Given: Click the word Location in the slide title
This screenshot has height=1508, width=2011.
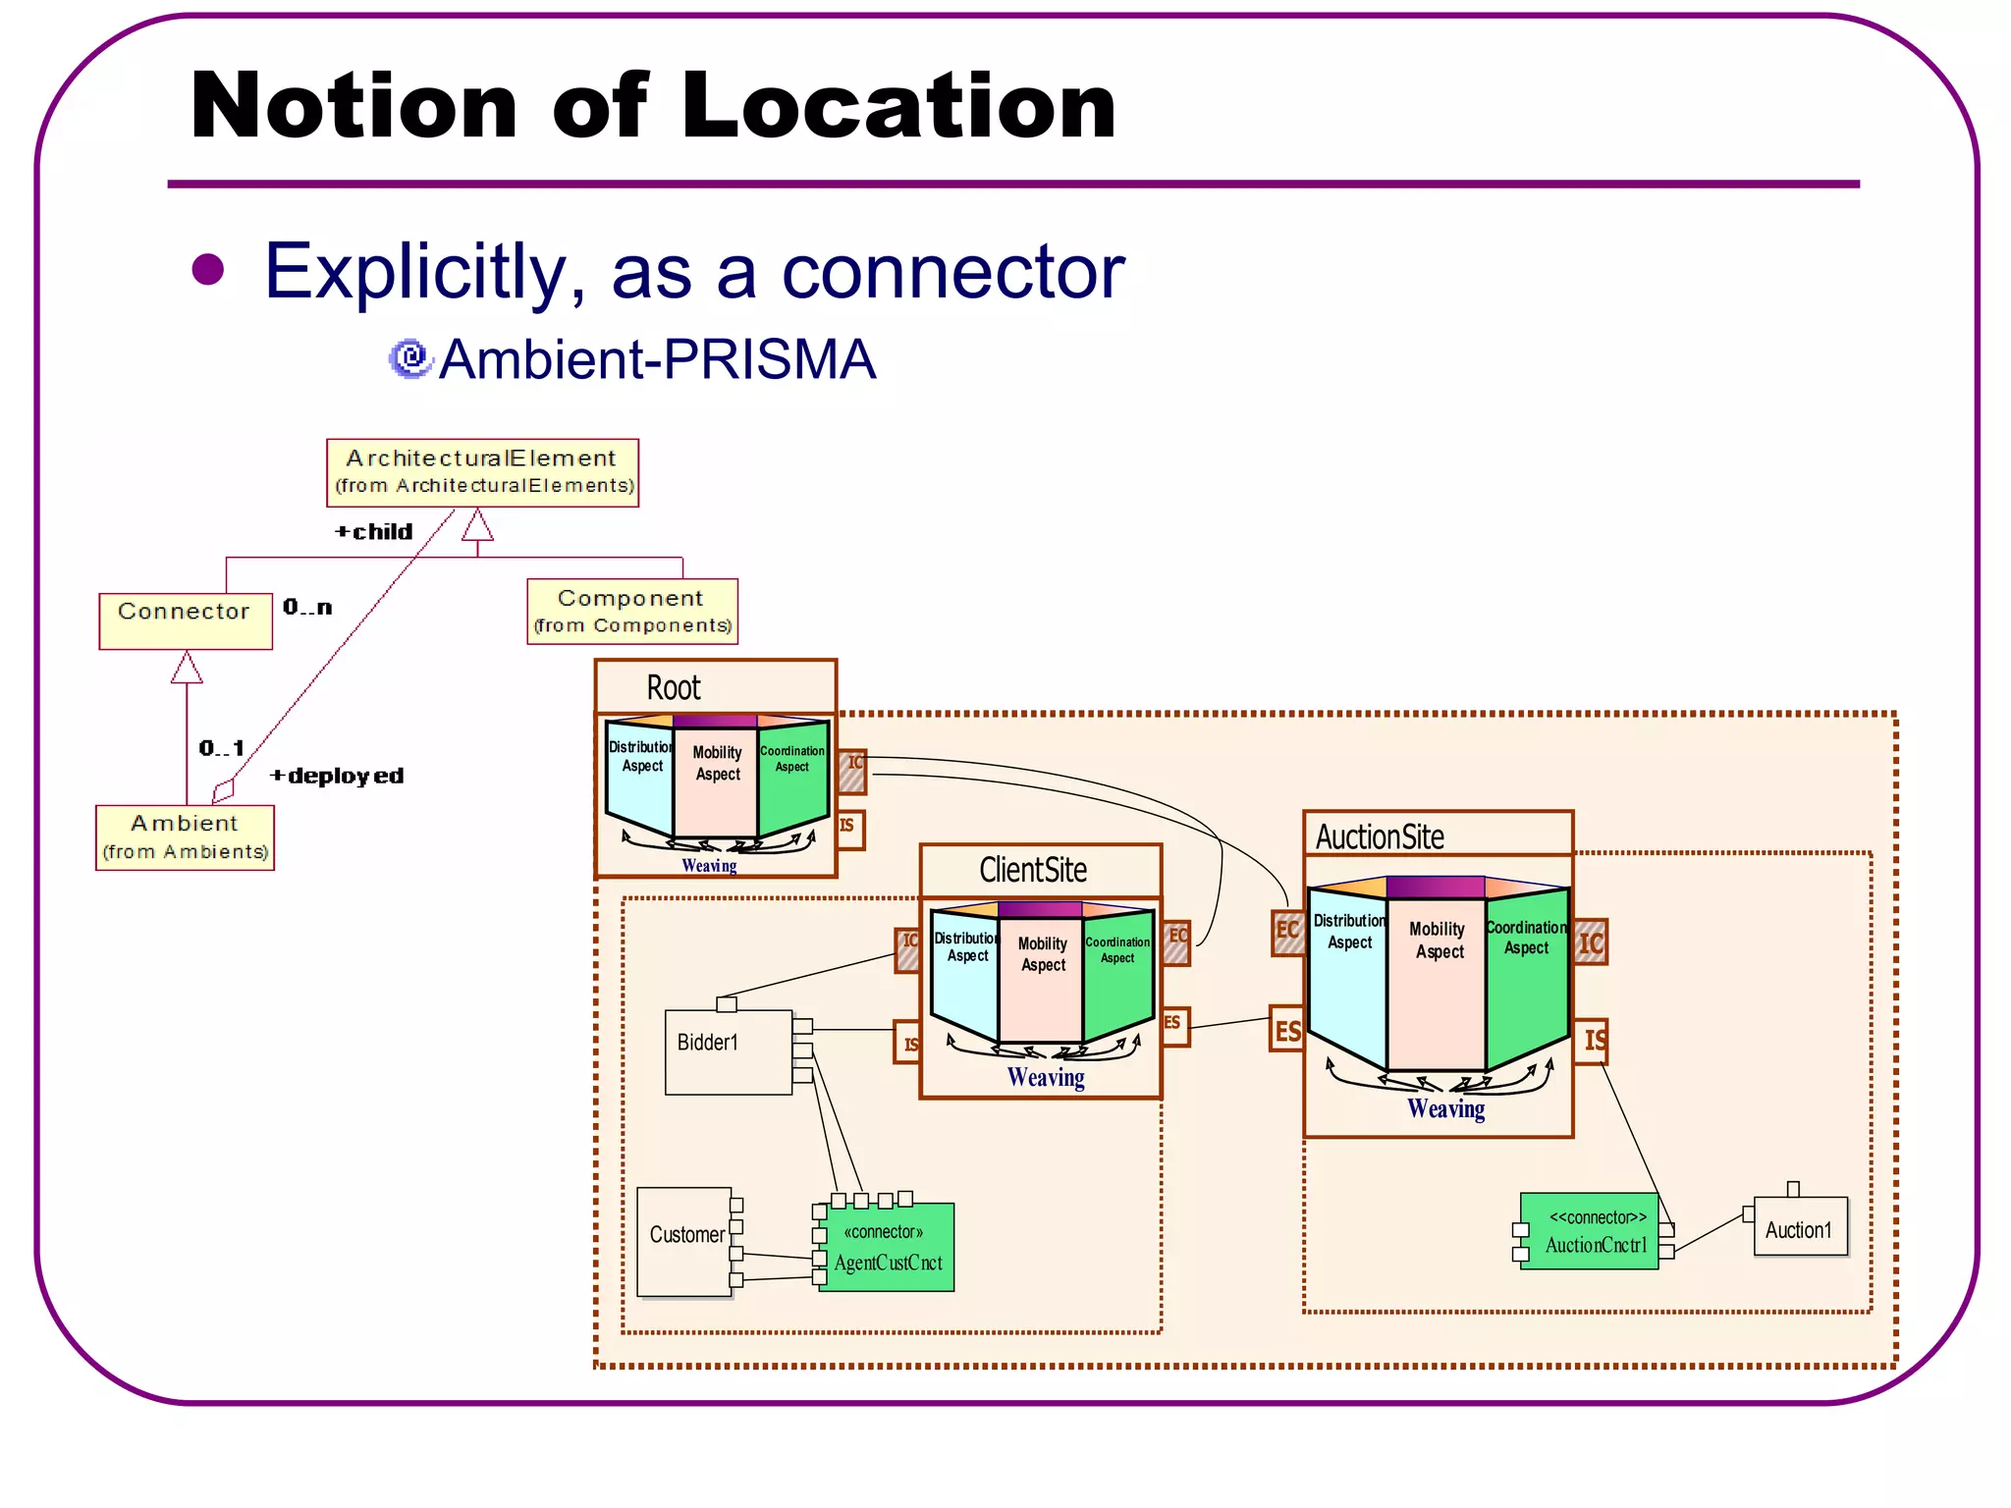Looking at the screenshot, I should pyautogui.click(x=898, y=106).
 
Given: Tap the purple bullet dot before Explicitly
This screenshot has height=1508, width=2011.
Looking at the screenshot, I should pyautogui.click(x=208, y=269).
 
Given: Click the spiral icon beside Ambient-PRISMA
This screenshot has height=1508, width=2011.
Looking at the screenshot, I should pyautogui.click(x=410, y=358).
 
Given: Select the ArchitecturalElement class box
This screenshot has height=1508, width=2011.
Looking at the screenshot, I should pyautogui.click(x=482, y=472).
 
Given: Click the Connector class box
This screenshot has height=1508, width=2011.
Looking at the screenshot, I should pyautogui.click(x=185, y=619).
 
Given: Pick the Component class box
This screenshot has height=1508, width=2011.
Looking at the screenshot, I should pyautogui.click(x=631, y=611).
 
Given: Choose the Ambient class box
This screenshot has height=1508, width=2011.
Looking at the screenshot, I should pyautogui.click(x=185, y=837).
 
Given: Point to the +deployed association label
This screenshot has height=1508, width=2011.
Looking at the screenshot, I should pyautogui.click(x=337, y=776).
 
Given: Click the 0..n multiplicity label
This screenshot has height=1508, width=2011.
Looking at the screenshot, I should pyautogui.click(x=307, y=607).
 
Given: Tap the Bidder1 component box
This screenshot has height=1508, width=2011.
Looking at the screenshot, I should pyautogui.click(x=728, y=1050).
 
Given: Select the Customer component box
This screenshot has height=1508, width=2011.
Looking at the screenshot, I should pyautogui.click(x=684, y=1241).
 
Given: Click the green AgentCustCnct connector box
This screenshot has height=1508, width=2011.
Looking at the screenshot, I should pyautogui.click(x=886, y=1247).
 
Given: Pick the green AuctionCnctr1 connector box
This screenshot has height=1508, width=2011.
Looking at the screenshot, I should pyautogui.click(x=1589, y=1231).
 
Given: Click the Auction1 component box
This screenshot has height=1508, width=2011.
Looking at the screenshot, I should pyautogui.click(x=1800, y=1227).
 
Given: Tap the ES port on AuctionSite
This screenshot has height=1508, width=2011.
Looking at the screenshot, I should pyautogui.click(x=1286, y=1029).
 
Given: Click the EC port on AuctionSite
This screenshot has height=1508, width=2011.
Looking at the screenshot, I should pyautogui.click(x=1287, y=931).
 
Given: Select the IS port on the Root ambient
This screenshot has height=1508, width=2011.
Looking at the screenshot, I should pyautogui.click(x=848, y=828).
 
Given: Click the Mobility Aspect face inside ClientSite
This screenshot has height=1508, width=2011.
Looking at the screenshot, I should pyautogui.click(x=1041, y=972).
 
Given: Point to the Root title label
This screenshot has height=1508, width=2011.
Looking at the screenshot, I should pyautogui.click(x=674, y=687).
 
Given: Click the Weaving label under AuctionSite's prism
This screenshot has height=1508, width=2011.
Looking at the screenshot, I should pyautogui.click(x=1445, y=1108).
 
